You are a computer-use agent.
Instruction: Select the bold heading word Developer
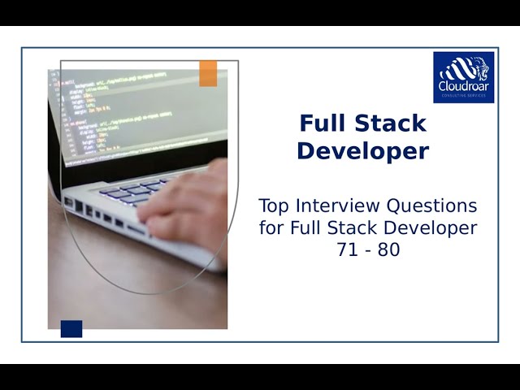tap(362, 151)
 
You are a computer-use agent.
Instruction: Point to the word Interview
tap(335, 205)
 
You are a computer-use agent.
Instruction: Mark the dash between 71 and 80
tap(368, 251)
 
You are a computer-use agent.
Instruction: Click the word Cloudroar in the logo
tap(463, 85)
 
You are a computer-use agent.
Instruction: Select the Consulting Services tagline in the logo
tap(463, 96)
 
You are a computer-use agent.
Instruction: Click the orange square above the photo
tap(208, 73)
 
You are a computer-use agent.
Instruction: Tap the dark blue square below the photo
tap(71, 328)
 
